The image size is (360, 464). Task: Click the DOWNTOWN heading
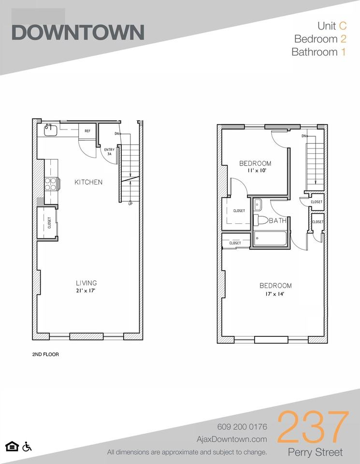[x=77, y=32]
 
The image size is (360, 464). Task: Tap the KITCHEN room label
[x=88, y=182]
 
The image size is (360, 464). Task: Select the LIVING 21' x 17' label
[x=86, y=287]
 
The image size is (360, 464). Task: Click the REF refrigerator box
[x=87, y=131]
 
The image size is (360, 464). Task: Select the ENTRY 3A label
[x=108, y=153]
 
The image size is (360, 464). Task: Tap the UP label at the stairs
[x=130, y=203]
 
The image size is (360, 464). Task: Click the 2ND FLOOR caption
[x=45, y=354]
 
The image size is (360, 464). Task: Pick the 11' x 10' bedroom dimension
[x=255, y=171]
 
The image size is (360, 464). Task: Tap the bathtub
[x=270, y=239]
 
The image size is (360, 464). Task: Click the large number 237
[x=313, y=427]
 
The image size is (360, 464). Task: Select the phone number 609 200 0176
[x=240, y=427]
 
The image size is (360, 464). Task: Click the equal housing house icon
[x=10, y=445]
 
